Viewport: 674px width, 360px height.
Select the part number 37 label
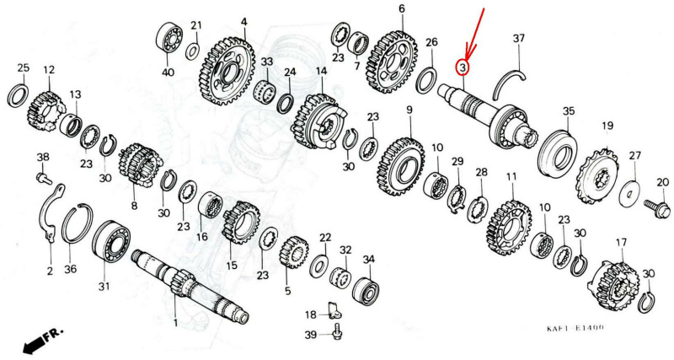tap(519, 38)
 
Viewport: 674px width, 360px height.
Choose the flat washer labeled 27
tap(629, 192)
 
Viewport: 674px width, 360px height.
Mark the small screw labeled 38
tap(43, 177)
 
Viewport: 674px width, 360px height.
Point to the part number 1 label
tap(175, 323)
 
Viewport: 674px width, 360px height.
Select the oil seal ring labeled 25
tap(18, 94)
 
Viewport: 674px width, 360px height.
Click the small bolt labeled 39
tap(338, 334)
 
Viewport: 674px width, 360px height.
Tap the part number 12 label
tap(49, 70)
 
